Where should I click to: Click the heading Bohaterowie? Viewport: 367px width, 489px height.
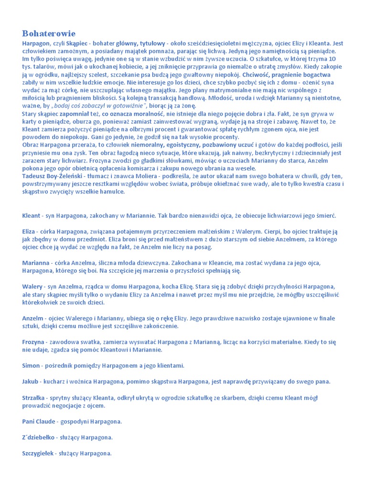click(49, 33)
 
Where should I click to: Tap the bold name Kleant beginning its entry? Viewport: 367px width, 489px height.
click(32, 215)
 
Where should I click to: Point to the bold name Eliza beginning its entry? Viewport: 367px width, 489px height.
click(29, 231)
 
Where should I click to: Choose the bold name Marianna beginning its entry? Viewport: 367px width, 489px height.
click(36, 263)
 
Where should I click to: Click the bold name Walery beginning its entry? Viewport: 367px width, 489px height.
click(32, 287)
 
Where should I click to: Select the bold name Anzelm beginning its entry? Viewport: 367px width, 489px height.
click(33, 318)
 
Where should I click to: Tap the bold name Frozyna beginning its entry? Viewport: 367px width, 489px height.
click(34, 342)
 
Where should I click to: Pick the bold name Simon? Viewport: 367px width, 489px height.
click(31, 365)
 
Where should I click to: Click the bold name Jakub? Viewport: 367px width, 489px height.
click(31, 381)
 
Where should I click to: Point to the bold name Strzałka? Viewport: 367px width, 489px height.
click(33, 397)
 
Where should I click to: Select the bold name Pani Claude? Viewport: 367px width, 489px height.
click(39, 421)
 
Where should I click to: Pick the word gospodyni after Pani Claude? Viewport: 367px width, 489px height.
click(76, 421)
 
